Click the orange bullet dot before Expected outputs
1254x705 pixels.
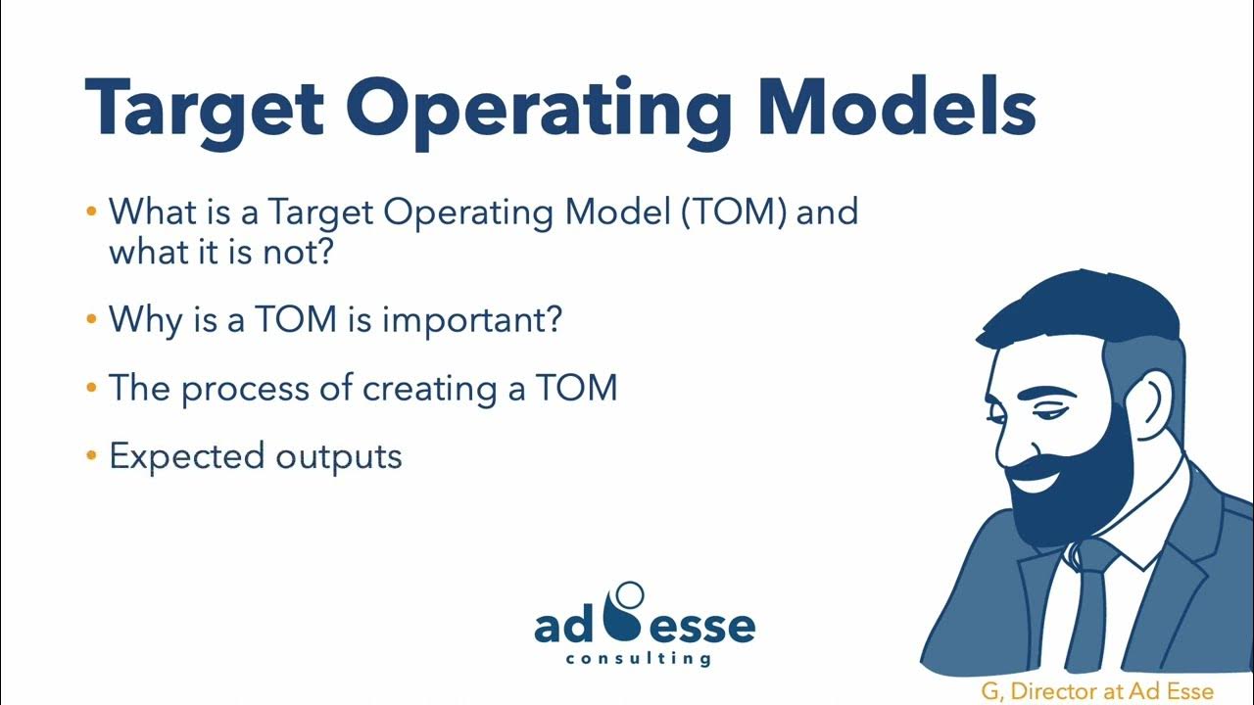[x=92, y=455]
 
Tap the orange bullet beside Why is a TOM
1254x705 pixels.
[x=92, y=319]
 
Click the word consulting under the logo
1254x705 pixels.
[x=638, y=659]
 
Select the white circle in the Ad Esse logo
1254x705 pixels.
[x=627, y=593]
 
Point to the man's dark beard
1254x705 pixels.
[x=1078, y=480]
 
